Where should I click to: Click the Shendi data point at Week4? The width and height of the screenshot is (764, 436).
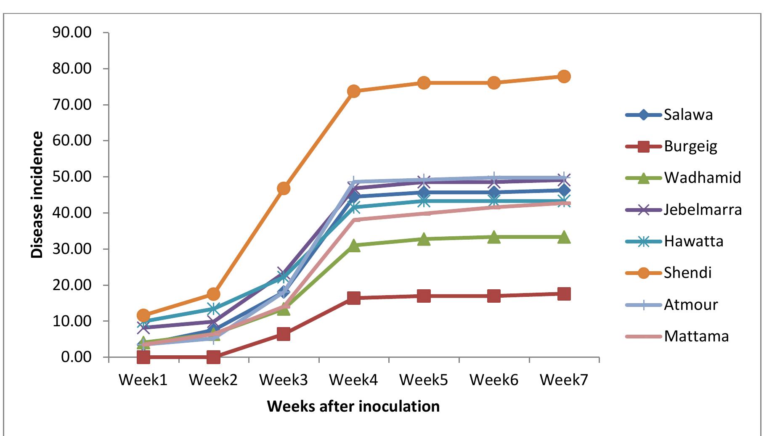point(353,91)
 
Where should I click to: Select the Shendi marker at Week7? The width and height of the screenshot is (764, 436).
point(564,77)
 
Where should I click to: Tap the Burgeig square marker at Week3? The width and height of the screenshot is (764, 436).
point(284,335)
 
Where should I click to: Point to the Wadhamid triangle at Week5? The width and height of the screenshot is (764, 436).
point(424,239)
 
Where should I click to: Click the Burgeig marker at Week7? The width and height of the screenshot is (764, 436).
point(564,294)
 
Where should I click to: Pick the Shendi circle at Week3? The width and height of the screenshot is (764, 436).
point(284,188)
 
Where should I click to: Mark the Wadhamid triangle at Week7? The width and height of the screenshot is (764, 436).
point(564,237)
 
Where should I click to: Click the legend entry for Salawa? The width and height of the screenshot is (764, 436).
point(688,115)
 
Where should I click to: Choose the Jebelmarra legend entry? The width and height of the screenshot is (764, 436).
point(702,209)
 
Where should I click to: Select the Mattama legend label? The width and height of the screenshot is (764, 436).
point(696,336)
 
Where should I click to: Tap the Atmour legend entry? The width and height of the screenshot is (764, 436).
point(690,304)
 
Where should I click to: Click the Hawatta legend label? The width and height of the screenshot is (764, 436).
point(693,241)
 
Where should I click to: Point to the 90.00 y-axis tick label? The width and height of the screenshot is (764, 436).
point(72,32)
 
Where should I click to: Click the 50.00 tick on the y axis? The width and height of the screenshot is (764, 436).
point(72,177)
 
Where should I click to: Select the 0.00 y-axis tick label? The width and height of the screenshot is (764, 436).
point(76,357)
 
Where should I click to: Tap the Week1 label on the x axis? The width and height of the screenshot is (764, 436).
point(143,380)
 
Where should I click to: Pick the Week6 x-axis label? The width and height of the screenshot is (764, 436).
point(493,380)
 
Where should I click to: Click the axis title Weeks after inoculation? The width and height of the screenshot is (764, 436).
point(353,407)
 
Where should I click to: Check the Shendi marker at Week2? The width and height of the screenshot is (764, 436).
point(213,294)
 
